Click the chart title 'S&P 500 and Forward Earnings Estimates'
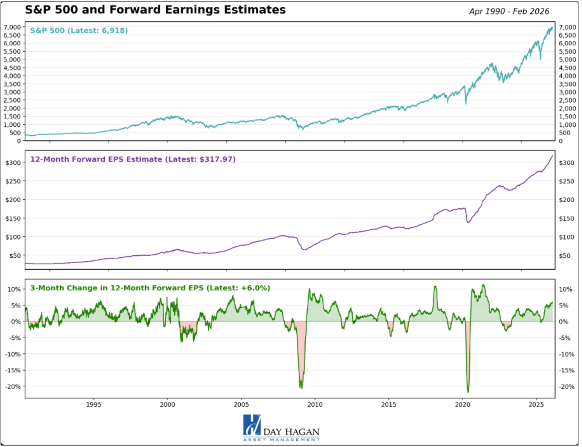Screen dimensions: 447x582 pyautogui.click(x=155, y=10)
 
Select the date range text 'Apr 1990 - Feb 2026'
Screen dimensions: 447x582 pyautogui.click(x=509, y=11)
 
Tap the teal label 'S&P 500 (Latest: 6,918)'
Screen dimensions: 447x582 pyautogui.click(x=79, y=31)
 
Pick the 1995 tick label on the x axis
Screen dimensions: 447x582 pyautogui.click(x=94, y=405)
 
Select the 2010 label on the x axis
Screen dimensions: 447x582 pyautogui.click(x=315, y=405)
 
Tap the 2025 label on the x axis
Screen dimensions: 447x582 pyautogui.click(x=536, y=405)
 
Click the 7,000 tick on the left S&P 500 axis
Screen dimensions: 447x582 pyautogui.click(x=12, y=27)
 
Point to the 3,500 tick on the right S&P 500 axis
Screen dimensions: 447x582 pyautogui.click(x=567, y=84)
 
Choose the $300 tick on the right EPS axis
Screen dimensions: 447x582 pyautogui.click(x=567, y=163)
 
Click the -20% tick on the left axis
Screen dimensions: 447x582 pyautogui.click(x=13, y=387)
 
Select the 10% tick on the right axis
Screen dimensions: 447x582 pyautogui.click(x=565, y=289)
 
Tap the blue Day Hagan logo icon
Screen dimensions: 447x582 pyautogui.click(x=252, y=425)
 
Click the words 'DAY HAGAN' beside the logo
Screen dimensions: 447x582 pyautogui.click(x=291, y=432)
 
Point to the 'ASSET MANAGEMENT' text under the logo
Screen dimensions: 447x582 pyautogui.click(x=281, y=440)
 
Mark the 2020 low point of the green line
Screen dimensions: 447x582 pyautogui.click(x=468, y=392)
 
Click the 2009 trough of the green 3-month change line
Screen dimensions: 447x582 pyautogui.click(x=301, y=388)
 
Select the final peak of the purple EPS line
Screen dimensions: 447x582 pyautogui.click(x=552, y=156)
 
